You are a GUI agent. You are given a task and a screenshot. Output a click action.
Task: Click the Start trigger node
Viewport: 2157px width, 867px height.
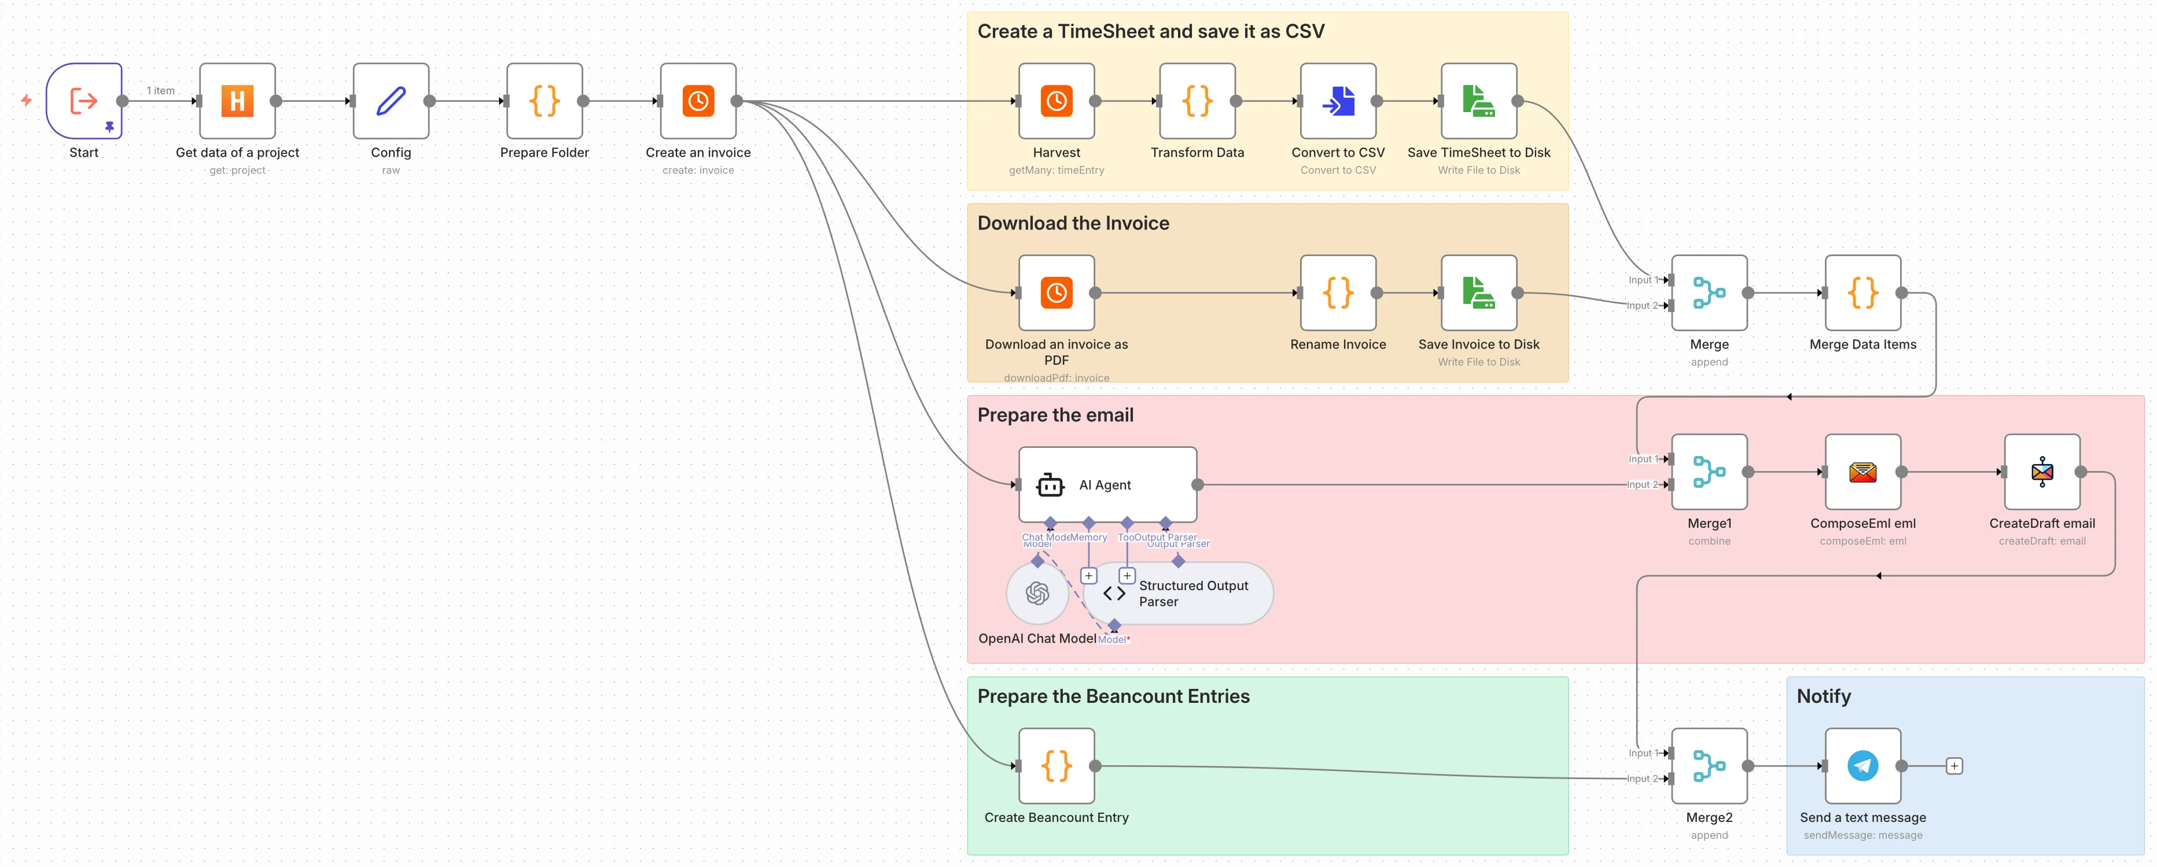pos(84,101)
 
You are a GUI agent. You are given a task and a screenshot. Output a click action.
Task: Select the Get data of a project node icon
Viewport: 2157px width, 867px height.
pos(237,101)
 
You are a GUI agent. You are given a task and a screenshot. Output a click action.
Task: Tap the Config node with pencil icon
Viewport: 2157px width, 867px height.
pos(391,101)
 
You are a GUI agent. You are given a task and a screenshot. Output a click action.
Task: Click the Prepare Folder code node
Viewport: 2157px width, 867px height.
pos(544,101)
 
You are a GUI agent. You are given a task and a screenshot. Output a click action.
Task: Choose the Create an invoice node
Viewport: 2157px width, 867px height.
pos(698,101)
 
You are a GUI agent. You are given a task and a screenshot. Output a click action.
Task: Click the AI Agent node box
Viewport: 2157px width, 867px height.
pos(1107,484)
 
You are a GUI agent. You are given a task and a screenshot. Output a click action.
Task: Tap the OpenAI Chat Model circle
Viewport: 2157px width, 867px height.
pos(1037,594)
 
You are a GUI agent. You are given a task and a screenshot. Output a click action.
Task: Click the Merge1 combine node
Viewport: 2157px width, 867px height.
pos(1709,472)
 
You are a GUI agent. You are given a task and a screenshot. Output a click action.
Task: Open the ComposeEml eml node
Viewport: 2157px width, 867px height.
pos(1862,472)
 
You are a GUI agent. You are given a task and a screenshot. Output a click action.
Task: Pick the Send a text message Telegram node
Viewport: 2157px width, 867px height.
pos(1862,766)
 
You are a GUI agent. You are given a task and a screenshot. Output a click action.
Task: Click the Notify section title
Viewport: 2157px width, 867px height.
pos(1823,696)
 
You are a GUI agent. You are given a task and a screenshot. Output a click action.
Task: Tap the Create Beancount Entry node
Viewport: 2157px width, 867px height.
pos(1056,766)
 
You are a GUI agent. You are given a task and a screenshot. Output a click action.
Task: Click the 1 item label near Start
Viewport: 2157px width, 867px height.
pos(161,90)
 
